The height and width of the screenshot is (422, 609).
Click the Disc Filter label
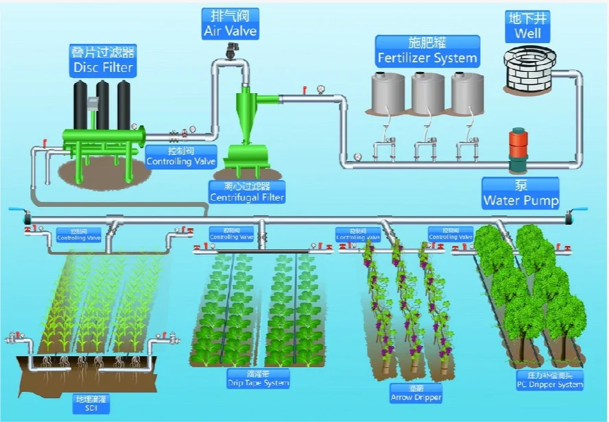pyautogui.click(x=103, y=60)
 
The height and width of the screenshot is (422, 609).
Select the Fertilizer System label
pyautogui.click(x=427, y=51)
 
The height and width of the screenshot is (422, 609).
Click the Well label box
pyautogui.click(x=528, y=25)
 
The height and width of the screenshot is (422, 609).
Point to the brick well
pyautogui.click(x=528, y=68)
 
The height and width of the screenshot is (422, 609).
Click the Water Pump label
pyautogui.click(x=521, y=194)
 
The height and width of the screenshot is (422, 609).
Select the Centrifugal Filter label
pyautogui.click(x=247, y=192)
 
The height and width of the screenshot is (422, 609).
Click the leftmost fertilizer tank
pyautogui.click(x=389, y=94)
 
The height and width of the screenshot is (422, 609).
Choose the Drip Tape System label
pyautogui.click(x=258, y=379)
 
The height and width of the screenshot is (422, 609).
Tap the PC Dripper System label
pyautogui.click(x=550, y=380)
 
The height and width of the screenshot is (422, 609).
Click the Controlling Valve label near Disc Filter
pyautogui.click(x=181, y=157)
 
